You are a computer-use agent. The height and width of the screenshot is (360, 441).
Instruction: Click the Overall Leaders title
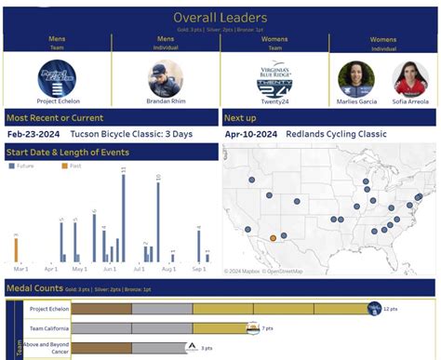click(x=220, y=18)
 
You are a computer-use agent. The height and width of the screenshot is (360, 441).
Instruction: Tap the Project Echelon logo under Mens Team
click(x=56, y=77)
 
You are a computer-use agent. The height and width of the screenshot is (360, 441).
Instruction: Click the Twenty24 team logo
click(x=275, y=77)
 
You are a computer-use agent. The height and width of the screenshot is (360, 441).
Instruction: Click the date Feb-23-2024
click(x=33, y=133)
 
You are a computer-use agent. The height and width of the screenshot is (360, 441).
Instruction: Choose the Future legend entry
click(x=22, y=166)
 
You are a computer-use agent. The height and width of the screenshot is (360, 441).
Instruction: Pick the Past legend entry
click(x=72, y=166)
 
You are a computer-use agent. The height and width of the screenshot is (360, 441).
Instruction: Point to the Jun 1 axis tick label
click(x=110, y=270)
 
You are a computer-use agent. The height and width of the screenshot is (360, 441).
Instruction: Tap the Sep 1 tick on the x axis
click(x=199, y=270)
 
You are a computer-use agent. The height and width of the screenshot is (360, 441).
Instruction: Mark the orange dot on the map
click(x=273, y=238)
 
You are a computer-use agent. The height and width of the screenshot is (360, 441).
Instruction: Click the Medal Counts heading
click(x=34, y=289)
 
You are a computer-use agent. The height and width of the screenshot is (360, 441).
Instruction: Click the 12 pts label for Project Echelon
click(x=392, y=309)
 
